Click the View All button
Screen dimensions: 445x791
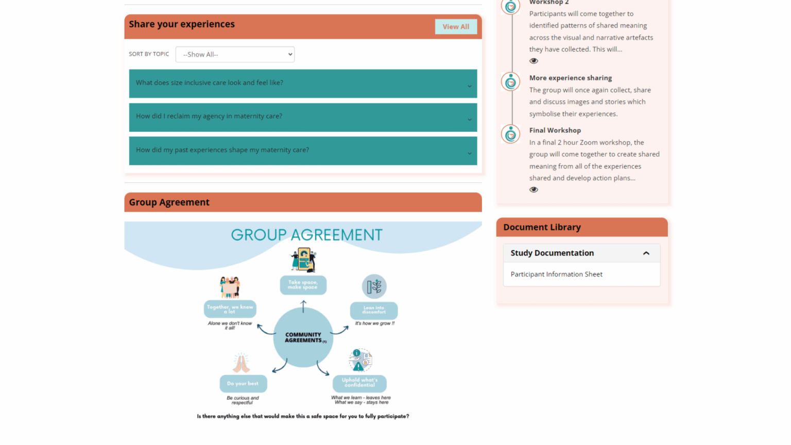pos(456,27)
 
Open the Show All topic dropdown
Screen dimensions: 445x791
pos(235,55)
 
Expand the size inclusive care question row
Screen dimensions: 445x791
pos(303,83)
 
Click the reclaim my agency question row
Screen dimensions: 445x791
pos(303,117)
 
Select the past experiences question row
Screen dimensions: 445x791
pos(303,150)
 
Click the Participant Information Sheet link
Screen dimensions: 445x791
pos(556,275)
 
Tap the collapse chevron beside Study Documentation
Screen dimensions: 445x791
pos(646,253)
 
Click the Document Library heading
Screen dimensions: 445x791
pos(542,227)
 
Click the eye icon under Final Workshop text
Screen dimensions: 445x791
pos(534,190)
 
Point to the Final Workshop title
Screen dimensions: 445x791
pos(555,130)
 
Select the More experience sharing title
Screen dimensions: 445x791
pos(570,78)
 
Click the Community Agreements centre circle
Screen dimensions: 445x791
pos(303,337)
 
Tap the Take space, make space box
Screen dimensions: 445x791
pos(303,285)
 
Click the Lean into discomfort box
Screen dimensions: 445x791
pos(373,310)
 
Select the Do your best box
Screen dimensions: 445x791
pos(243,384)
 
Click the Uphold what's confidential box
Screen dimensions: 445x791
pos(359,383)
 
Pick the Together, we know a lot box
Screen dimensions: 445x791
pos(230,309)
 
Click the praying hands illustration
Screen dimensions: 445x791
pos(241,363)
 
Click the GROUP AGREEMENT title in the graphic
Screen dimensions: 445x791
pos(306,235)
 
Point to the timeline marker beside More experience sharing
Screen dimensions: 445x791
pos(510,82)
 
